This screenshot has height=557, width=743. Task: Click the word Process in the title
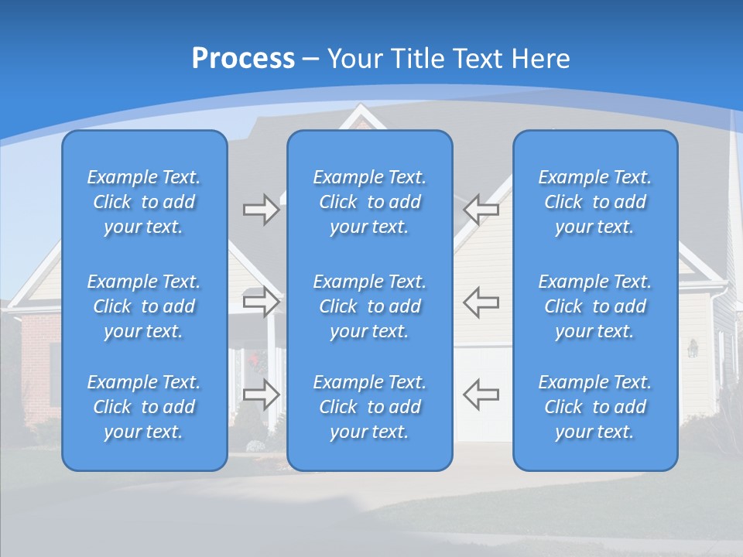(243, 59)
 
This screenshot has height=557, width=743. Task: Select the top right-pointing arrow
(261, 209)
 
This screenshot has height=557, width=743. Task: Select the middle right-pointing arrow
(261, 302)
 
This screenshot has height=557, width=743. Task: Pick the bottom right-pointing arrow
(261, 394)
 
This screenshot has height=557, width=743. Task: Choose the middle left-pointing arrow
(481, 302)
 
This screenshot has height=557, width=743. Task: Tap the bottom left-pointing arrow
(481, 394)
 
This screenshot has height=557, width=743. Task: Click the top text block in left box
(144, 202)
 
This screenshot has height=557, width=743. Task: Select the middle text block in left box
(144, 306)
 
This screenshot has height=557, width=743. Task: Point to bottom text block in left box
(144, 407)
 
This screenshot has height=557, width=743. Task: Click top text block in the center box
(370, 202)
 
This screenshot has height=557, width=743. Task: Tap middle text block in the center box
(370, 306)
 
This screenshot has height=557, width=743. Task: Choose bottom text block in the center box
(370, 407)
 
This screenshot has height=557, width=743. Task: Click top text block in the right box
(595, 202)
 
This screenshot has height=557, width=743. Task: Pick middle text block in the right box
(595, 306)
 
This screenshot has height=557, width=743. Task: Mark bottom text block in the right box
(595, 407)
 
